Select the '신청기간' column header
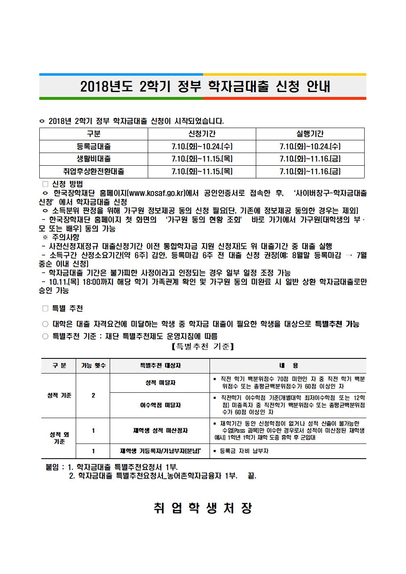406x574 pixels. (x=202, y=134)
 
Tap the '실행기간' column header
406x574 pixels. (x=310, y=134)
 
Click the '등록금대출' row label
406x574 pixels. (x=94, y=146)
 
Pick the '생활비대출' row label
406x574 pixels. (x=94, y=159)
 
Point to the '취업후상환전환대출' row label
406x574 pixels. (x=94, y=171)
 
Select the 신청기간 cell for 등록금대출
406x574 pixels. (x=202, y=146)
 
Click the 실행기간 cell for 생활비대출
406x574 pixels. (x=310, y=159)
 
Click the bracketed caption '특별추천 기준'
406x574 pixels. (x=203, y=347)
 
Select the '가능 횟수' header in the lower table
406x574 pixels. (x=93, y=365)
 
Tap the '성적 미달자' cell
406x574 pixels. (x=160, y=383)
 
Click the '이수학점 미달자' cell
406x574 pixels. (x=160, y=405)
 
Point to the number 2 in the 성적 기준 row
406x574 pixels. (x=93, y=395)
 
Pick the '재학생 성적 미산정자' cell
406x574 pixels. (x=160, y=430)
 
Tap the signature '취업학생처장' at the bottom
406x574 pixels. (x=203, y=508)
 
